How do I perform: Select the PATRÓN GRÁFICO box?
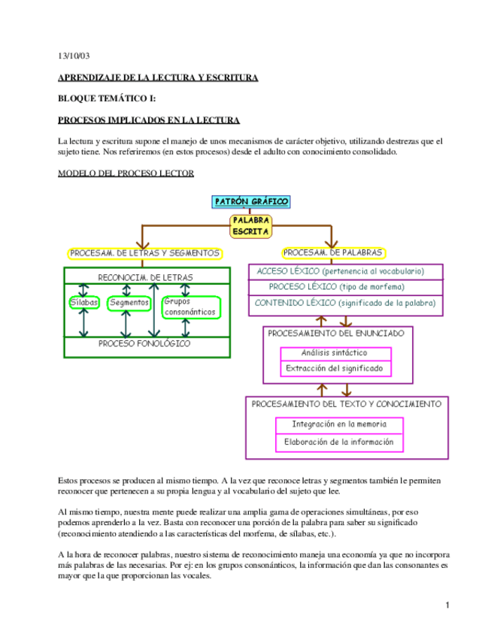tap(251, 201)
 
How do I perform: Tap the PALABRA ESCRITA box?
tap(250, 225)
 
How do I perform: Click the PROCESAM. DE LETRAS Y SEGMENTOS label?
tap(145, 253)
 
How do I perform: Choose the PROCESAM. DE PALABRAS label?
tap(333, 253)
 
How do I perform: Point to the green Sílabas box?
tap(84, 303)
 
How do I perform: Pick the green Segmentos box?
tap(129, 303)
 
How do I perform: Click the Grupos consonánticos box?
tap(190, 306)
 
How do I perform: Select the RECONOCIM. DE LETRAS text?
tap(146, 278)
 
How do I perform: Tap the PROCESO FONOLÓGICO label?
tap(144, 343)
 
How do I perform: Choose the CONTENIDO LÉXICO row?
tap(345, 303)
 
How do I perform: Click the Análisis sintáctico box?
tap(335, 352)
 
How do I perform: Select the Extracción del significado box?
tap(335, 369)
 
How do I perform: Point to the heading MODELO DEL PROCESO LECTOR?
tap(126, 174)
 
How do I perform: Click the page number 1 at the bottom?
tap(447, 605)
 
